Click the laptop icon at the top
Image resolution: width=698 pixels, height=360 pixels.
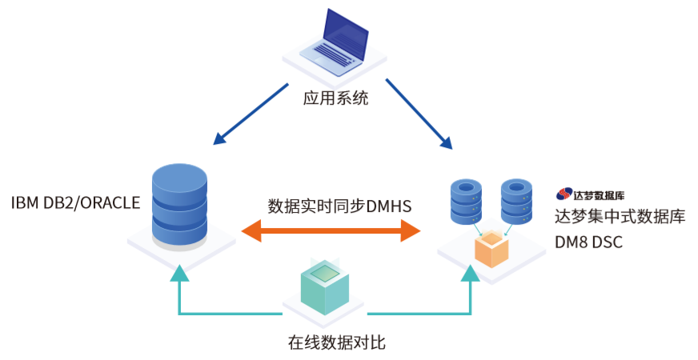click(x=335, y=44)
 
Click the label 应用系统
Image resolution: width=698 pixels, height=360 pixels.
click(x=335, y=99)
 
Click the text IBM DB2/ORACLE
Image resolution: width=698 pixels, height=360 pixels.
click(x=75, y=202)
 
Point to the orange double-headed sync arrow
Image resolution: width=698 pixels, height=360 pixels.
click(x=331, y=232)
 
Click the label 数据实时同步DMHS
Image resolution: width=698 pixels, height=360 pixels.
click(x=339, y=206)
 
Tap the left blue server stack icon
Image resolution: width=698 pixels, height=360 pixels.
click(x=468, y=202)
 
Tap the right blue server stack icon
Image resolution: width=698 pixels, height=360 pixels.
click(x=515, y=202)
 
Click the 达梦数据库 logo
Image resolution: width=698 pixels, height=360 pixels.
click(x=591, y=194)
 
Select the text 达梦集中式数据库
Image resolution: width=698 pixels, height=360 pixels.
click(x=620, y=216)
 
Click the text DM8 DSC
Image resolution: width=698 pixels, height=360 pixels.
click(x=588, y=242)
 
